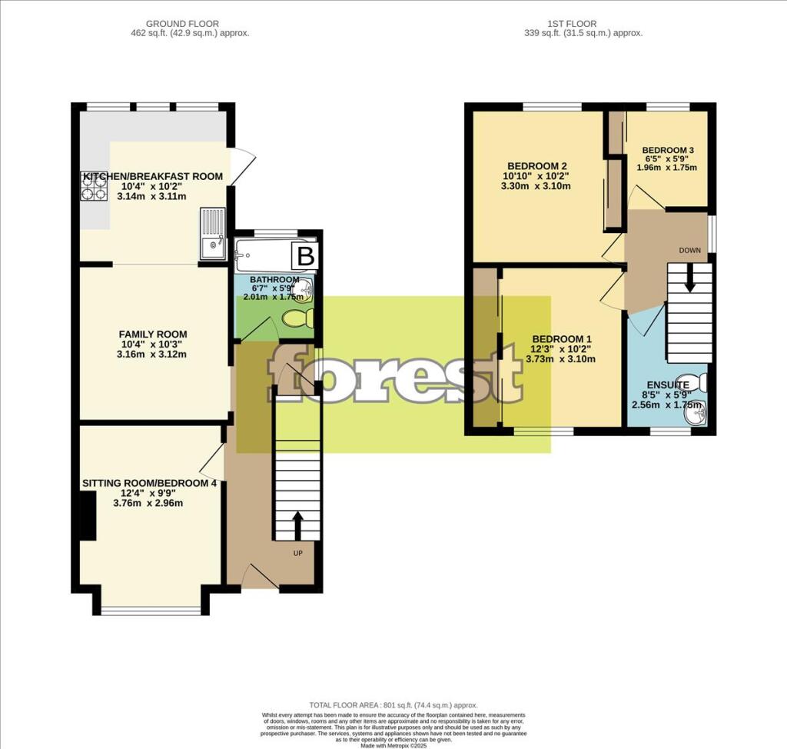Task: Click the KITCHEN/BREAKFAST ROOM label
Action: pos(152,176)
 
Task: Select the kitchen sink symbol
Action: pos(211,233)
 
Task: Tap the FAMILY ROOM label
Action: pos(152,334)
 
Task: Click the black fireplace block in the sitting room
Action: pos(88,514)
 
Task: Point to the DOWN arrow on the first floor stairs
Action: pos(689,278)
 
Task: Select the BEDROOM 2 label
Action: pos(537,165)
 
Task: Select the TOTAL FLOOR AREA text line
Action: pos(393,705)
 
